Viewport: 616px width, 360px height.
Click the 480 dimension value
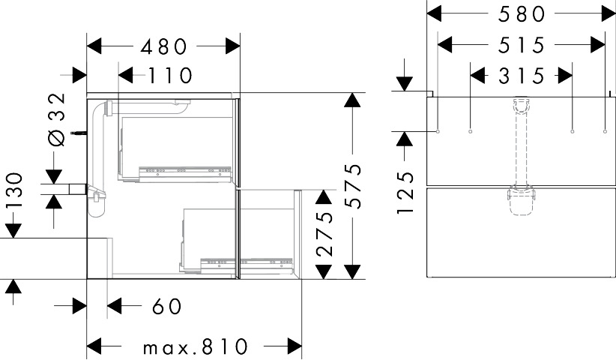pos(164,46)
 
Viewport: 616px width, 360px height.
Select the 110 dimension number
pos(170,76)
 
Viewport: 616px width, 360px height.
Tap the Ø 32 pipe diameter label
pos(56,120)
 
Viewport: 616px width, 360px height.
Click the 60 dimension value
pos(167,306)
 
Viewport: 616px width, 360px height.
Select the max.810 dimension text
pos(196,346)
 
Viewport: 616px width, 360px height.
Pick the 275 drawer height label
pos(324,234)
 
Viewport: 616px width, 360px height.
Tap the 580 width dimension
pos(522,14)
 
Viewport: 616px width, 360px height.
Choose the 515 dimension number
pos(522,45)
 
